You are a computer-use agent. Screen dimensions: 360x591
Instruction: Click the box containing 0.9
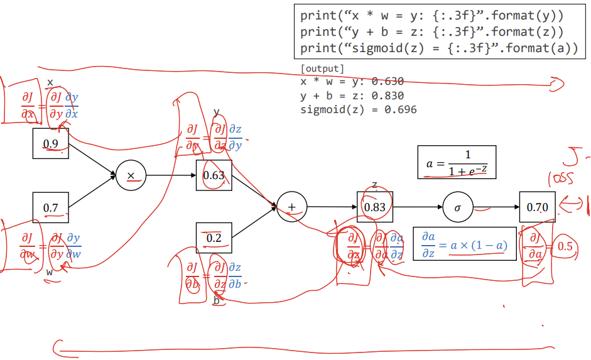click(51, 143)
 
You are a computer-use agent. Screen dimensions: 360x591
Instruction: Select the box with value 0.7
click(51, 207)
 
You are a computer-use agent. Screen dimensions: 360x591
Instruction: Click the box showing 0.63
click(214, 175)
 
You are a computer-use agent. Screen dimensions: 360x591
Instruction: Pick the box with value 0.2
click(214, 238)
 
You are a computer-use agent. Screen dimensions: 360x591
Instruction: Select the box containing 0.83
click(375, 207)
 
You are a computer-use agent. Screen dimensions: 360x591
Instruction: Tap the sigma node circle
click(458, 207)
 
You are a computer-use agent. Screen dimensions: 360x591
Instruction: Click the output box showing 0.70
click(537, 207)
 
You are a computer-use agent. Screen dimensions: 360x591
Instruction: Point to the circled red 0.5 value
click(565, 246)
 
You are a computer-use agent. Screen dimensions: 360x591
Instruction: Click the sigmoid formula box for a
click(457, 162)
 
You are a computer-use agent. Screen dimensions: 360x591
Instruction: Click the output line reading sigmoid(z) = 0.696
click(358, 110)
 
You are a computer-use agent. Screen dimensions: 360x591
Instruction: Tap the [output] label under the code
click(322, 68)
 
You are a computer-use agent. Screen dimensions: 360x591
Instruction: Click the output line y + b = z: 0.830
click(352, 95)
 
